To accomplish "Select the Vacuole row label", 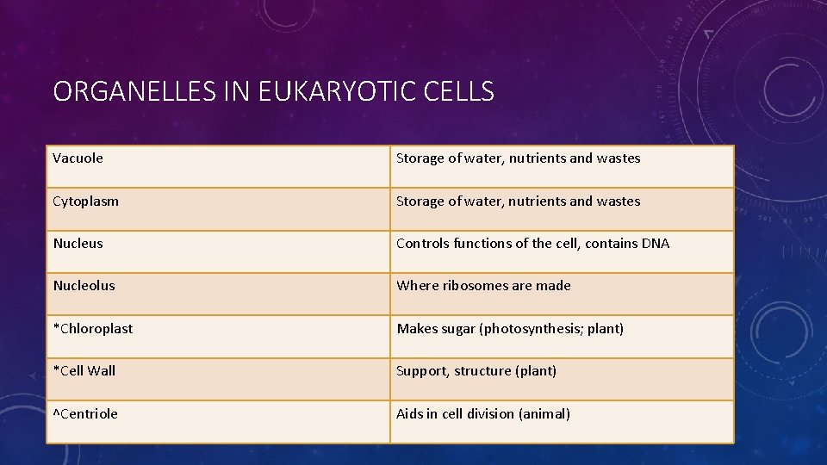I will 78,158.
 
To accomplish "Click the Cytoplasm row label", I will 86,201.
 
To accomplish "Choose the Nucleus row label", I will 78,244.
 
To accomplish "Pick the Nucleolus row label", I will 84,286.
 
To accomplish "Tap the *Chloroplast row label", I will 93,329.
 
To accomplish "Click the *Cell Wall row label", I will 84,371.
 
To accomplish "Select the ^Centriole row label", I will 85,414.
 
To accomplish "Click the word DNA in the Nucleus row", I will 655,244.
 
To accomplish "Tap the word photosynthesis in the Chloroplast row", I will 532,329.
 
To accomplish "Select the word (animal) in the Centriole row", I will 544,414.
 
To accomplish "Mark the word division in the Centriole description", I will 489,414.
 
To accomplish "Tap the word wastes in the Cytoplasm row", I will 619,201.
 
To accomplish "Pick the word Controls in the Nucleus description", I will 423,244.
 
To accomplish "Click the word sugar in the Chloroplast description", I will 458,329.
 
